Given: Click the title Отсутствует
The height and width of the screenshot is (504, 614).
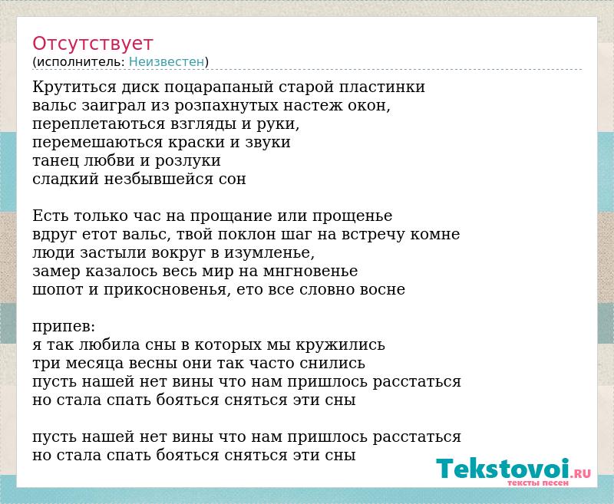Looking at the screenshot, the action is tap(92, 44).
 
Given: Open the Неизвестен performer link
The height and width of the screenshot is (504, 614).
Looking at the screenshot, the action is tap(167, 62).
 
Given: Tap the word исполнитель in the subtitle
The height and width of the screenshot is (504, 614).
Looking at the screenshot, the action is tap(80, 62).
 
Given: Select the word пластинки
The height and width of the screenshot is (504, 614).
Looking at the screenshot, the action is tap(381, 87).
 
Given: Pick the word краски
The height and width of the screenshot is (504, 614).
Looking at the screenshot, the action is tap(196, 142).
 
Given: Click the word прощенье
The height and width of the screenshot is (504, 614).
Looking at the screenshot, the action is tap(352, 216).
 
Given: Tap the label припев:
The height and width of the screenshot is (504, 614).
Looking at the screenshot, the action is tap(64, 327).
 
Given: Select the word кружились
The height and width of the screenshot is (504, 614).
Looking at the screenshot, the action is tap(340, 345).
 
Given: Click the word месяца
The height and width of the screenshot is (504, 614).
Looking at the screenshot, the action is tap(94, 364).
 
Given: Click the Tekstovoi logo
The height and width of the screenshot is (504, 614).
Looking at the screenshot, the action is tap(513, 469).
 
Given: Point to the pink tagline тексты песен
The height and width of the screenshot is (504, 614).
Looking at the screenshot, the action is tap(538, 483).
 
